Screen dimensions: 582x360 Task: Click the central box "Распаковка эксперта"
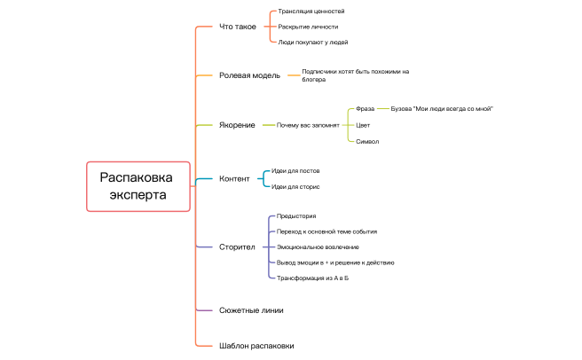(138, 186)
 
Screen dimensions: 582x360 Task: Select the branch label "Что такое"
(238, 27)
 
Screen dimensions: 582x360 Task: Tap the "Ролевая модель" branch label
(249, 75)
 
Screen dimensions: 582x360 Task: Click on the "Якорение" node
(237, 125)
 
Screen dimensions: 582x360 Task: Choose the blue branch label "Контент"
(234, 178)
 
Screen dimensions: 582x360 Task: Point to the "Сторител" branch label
(237, 247)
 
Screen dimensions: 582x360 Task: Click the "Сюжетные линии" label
(251, 310)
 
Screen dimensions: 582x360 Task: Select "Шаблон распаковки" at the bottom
(256, 346)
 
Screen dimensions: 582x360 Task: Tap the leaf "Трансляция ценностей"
(311, 12)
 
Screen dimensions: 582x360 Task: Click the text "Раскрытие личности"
(308, 27)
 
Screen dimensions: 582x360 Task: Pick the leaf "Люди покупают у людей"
(313, 43)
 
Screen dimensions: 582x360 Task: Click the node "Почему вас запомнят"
(308, 125)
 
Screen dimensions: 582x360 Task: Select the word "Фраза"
(365, 109)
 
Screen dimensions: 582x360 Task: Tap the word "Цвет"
(363, 125)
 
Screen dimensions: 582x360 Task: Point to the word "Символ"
(367, 141)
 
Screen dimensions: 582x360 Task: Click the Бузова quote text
(442, 109)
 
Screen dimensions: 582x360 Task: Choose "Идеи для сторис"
(295, 187)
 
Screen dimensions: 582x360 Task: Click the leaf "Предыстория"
(296, 216)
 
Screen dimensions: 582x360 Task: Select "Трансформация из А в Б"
(312, 278)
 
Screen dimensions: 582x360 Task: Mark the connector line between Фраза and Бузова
(382, 109)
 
